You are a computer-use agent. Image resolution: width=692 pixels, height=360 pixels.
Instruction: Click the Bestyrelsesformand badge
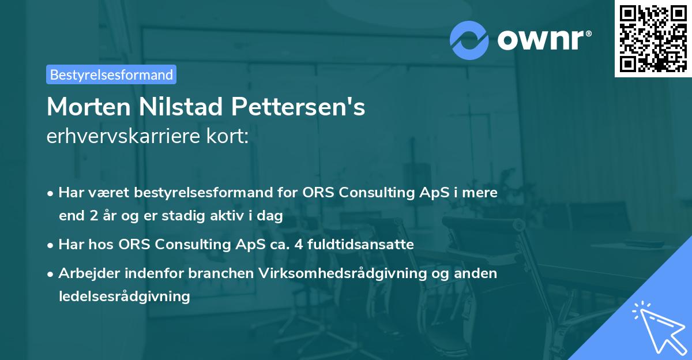(x=111, y=74)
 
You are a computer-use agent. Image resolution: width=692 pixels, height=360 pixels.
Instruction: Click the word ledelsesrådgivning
(x=124, y=297)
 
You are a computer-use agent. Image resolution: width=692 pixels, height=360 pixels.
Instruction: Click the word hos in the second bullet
(x=104, y=245)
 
